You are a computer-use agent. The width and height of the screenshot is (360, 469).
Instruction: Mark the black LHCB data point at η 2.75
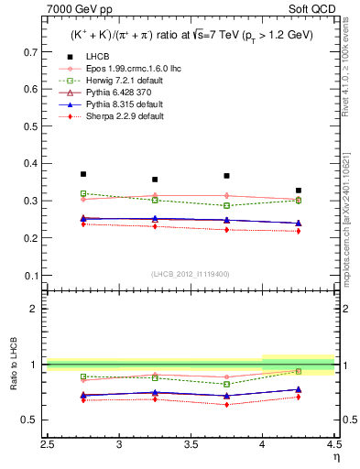[83, 174]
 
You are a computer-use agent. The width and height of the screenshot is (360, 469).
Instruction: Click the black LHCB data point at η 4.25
[299, 191]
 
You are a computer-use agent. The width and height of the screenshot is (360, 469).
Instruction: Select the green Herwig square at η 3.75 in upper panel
[226, 205]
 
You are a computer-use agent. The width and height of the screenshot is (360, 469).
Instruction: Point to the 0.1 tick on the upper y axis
[35, 275]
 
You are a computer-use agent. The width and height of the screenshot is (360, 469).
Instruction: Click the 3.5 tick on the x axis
[191, 444]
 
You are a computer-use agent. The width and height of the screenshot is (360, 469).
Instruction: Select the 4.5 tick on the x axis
[333, 444]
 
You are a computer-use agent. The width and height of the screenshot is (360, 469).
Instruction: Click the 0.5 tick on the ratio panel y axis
[35, 420]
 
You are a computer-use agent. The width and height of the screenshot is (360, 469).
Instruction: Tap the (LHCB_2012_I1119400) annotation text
[191, 274]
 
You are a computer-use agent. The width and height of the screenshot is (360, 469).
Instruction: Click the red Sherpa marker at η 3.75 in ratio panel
[226, 404]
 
